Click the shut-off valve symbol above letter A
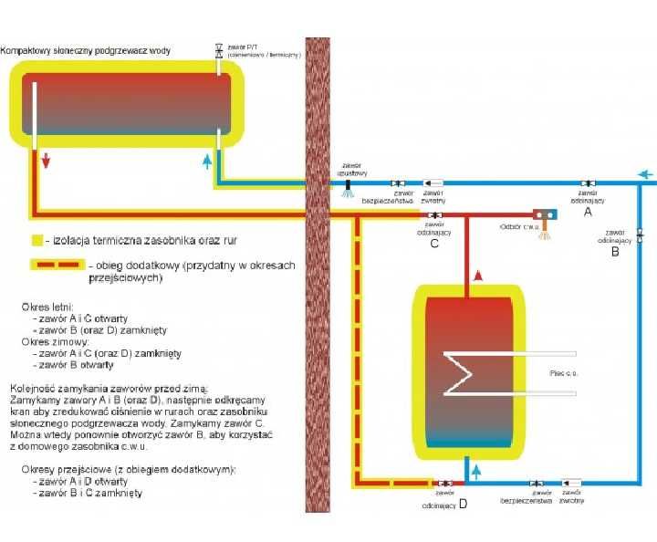tap(587, 182)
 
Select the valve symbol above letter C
tap(430, 215)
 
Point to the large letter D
tap(463, 503)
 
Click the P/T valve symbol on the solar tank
tap(218, 51)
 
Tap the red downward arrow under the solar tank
tap(47, 162)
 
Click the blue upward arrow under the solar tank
tap(208, 162)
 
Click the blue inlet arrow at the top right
tap(645, 174)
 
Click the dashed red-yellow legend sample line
tap(59, 266)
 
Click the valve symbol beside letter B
tap(639, 235)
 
